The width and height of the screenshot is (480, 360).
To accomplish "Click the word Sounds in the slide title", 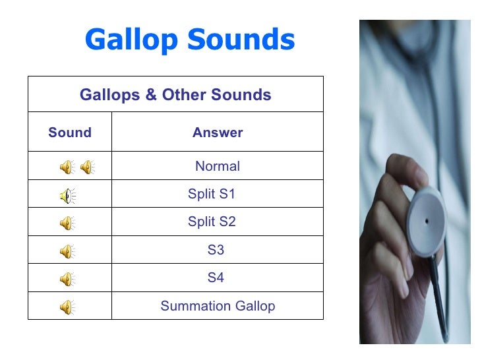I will point(240,40).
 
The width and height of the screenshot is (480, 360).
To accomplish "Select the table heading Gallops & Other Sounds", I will point(175,95).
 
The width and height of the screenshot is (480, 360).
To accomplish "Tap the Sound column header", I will point(70,133).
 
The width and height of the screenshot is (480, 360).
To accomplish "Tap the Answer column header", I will point(218,133).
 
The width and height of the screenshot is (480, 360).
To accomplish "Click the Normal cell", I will point(218,167).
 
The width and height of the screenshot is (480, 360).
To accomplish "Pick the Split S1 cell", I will point(212,195).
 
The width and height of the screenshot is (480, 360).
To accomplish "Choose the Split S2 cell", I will point(212,222).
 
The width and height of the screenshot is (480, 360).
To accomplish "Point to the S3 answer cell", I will point(216,251).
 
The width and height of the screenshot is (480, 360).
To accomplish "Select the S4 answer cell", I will point(216,278).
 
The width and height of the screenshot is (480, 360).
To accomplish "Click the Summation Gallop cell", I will point(218,307).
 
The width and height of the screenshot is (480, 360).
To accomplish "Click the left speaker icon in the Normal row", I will point(67,167).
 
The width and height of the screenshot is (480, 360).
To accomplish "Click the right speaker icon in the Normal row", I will point(86,167).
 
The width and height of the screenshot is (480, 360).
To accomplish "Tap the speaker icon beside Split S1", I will point(67,195).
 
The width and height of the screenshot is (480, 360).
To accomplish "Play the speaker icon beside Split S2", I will point(67,224).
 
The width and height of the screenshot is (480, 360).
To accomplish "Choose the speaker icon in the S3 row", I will point(67,251).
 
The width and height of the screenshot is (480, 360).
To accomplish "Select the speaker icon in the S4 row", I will point(67,279).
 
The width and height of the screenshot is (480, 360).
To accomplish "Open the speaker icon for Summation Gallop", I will point(67,307).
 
